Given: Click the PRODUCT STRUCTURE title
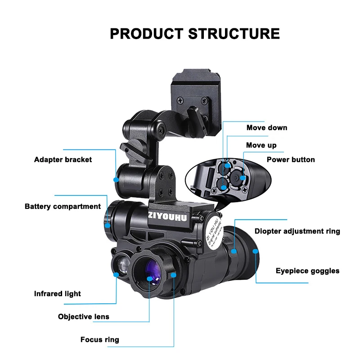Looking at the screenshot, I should coord(195,34).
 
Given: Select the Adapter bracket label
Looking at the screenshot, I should coord(63,160).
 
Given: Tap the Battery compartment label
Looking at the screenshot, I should coord(63,207).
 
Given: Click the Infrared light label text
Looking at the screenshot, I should coord(58,294).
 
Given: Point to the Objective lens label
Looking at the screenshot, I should coord(84,316).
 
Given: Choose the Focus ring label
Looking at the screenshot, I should coord(100,339).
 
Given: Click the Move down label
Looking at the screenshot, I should coord(267,128).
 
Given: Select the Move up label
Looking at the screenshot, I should coord(261,145).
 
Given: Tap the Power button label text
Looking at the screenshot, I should coord(291,160).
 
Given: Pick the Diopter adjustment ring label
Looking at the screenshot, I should coord(297,231).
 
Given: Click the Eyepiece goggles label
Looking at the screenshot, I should coord(308,271).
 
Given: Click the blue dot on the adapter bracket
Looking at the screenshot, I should coord(116,179).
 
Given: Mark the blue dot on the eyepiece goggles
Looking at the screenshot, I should coord(256,252).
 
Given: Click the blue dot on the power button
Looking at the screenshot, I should coord(243,178).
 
